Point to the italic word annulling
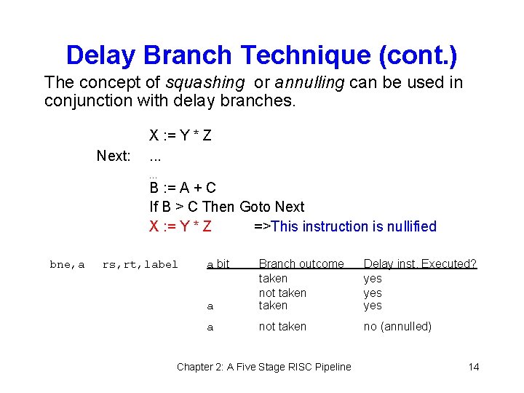(x=309, y=82)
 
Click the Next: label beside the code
(x=114, y=156)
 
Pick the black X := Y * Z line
(x=180, y=135)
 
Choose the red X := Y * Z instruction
(x=180, y=226)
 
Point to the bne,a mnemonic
(x=67, y=265)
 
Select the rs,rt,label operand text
(x=140, y=265)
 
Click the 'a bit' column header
(x=218, y=264)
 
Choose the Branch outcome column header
(x=301, y=264)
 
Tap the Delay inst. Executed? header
(x=420, y=264)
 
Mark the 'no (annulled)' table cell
(x=397, y=327)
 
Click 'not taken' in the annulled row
(x=282, y=327)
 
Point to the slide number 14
(x=473, y=367)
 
